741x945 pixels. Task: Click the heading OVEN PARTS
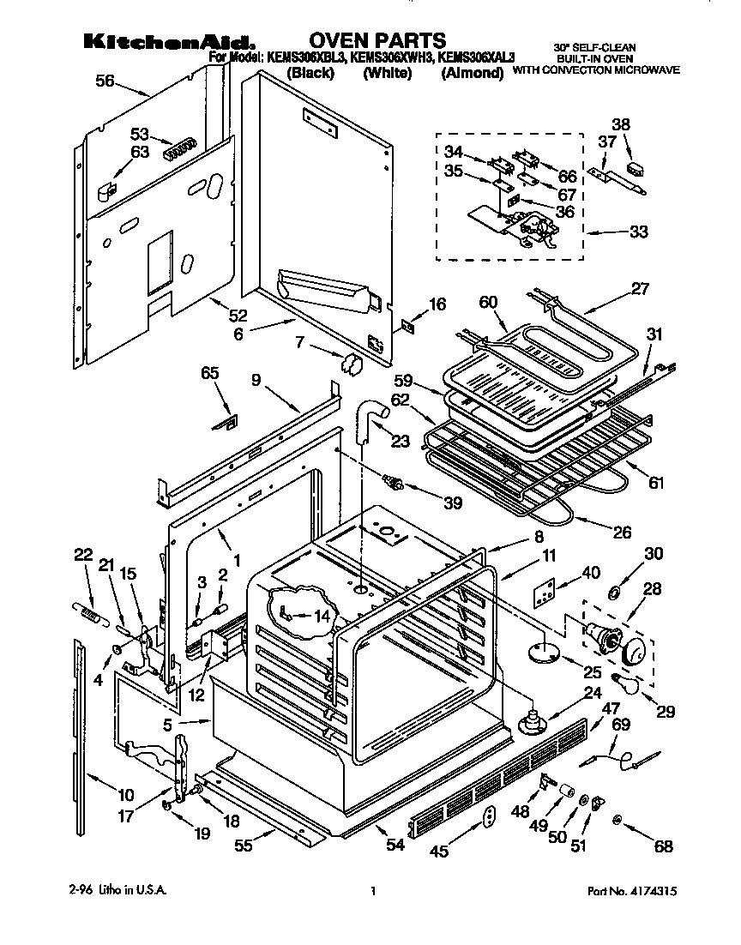(x=377, y=39)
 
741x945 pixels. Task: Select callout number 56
(x=105, y=81)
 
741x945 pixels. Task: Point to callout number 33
(x=639, y=231)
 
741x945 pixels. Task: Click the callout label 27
(x=642, y=289)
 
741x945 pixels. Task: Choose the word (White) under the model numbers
(x=388, y=74)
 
